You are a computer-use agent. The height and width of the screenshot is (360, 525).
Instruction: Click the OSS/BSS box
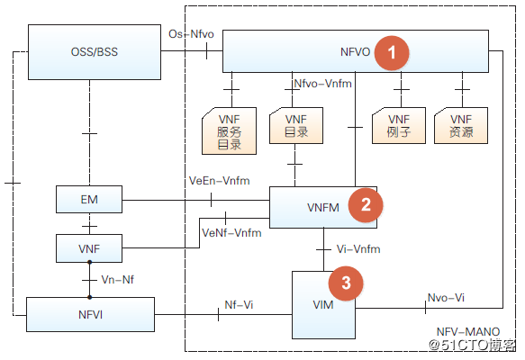(95, 52)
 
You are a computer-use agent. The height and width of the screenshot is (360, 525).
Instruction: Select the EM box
(89, 200)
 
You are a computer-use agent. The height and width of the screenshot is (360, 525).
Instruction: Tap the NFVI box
(90, 314)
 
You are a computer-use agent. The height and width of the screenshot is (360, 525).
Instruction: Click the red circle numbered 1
(392, 53)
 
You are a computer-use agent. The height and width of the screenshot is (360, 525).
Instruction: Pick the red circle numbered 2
(366, 205)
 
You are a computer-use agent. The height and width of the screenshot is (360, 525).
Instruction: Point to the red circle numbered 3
(346, 283)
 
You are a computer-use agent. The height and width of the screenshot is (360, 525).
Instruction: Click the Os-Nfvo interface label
(191, 34)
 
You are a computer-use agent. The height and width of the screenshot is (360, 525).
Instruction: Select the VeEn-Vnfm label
(220, 181)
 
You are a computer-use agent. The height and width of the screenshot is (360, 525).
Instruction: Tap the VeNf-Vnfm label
(231, 232)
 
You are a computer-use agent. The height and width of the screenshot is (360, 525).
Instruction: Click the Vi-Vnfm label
(358, 249)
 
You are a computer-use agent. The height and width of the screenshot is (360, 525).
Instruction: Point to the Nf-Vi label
(239, 304)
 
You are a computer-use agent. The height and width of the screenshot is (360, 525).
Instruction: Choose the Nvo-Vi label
(446, 297)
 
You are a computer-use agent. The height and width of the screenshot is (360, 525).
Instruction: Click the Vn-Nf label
(118, 279)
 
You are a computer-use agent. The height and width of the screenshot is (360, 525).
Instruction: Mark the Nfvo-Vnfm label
(322, 84)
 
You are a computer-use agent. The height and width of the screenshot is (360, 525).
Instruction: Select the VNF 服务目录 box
(229, 130)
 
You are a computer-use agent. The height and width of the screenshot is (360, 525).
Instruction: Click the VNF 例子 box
(399, 125)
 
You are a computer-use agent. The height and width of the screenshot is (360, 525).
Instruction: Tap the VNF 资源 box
(461, 125)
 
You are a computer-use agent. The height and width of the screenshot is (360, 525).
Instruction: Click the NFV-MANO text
(468, 331)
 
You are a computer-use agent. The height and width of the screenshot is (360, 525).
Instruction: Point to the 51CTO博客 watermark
(473, 345)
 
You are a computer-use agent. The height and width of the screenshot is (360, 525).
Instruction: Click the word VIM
(323, 305)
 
